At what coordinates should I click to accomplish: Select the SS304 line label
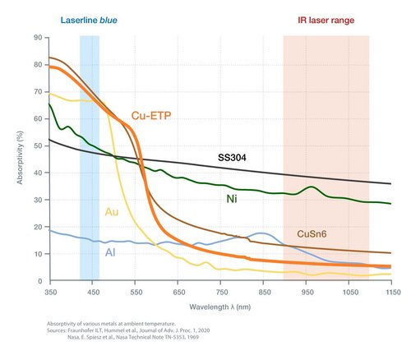pyautogui.click(x=233, y=156)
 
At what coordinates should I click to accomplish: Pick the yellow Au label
pyautogui.click(x=111, y=212)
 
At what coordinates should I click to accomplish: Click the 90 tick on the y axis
pyautogui.click(x=38, y=38)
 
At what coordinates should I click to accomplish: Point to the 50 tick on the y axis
pyautogui.click(x=38, y=145)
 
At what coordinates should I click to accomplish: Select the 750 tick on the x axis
pyautogui.click(x=220, y=291)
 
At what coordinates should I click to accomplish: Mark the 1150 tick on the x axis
pyautogui.click(x=390, y=291)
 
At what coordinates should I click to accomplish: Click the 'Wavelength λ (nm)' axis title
pyautogui.click(x=220, y=305)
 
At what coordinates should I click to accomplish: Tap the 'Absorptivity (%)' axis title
pyautogui.click(x=19, y=159)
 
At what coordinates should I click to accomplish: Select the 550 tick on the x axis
pyautogui.click(x=135, y=291)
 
